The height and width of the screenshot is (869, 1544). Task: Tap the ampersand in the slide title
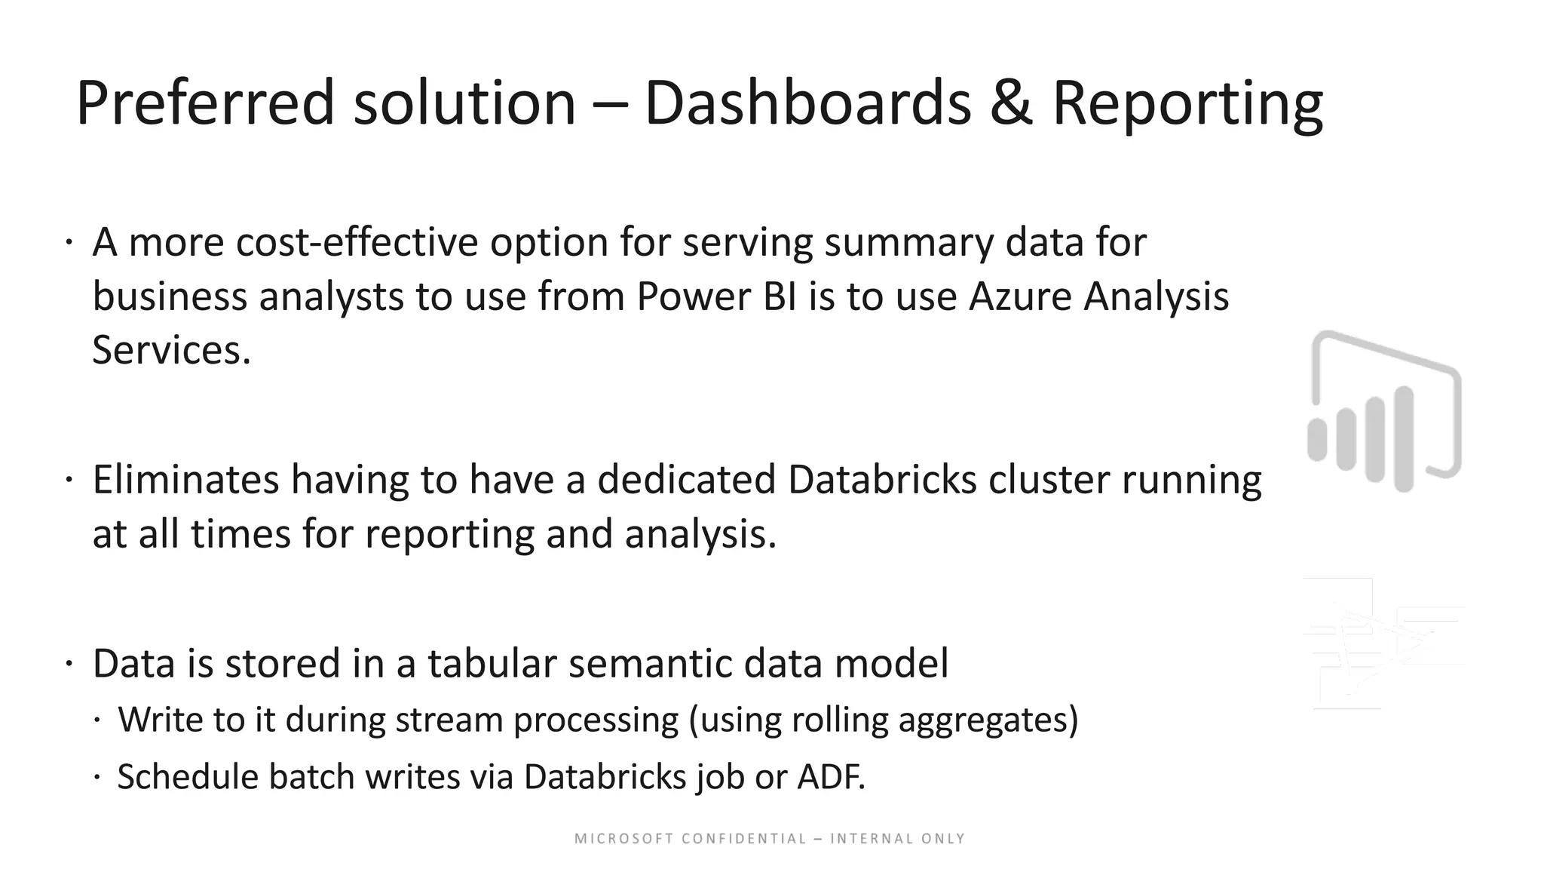click(x=1011, y=103)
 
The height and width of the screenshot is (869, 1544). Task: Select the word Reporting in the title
click(x=1187, y=103)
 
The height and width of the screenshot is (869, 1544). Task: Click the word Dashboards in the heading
click(x=807, y=103)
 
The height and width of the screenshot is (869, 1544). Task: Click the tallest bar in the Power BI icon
click(x=1404, y=439)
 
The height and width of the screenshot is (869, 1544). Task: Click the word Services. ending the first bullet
click(x=171, y=351)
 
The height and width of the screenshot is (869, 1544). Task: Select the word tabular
click(x=492, y=664)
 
